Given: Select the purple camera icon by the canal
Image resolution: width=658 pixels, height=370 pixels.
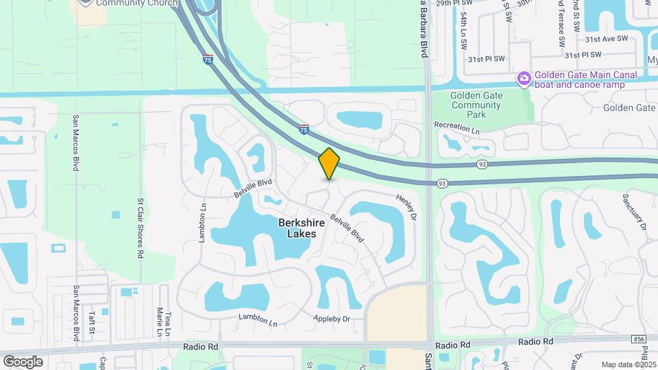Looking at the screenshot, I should click(x=524, y=79).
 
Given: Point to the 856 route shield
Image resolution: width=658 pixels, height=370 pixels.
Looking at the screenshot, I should click(x=639, y=339).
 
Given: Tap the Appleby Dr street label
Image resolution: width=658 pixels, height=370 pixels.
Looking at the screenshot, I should click(x=332, y=319).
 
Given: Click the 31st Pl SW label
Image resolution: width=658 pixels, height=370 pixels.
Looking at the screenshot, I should click(x=487, y=60).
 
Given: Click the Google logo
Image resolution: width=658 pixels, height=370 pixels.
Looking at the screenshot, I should click(x=23, y=361).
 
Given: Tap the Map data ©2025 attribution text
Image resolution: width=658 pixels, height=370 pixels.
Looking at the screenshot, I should click(x=629, y=365).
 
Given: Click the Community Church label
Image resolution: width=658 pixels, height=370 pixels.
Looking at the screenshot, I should click(x=137, y=3).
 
